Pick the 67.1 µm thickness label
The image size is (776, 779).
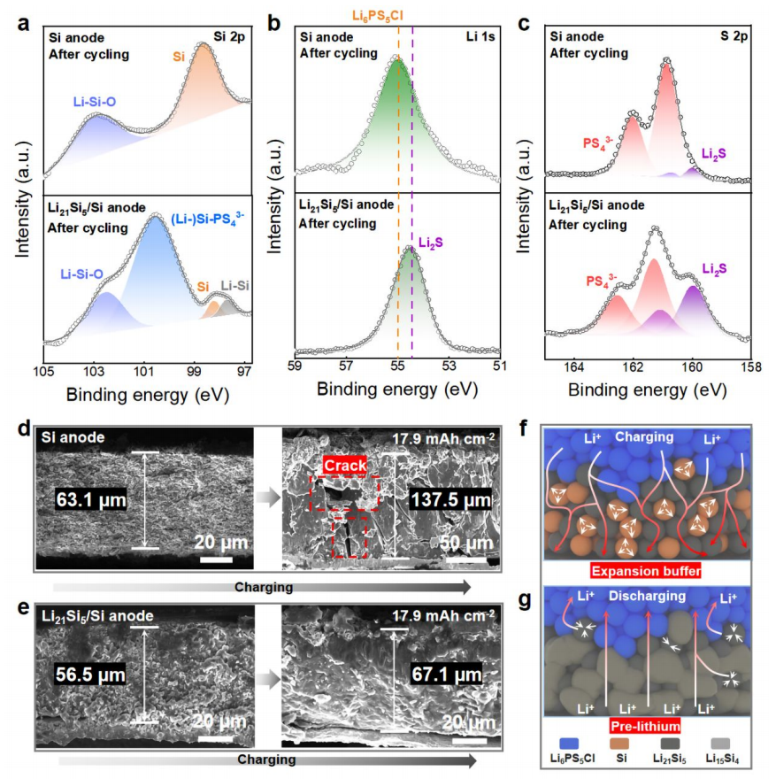click(x=447, y=675)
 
